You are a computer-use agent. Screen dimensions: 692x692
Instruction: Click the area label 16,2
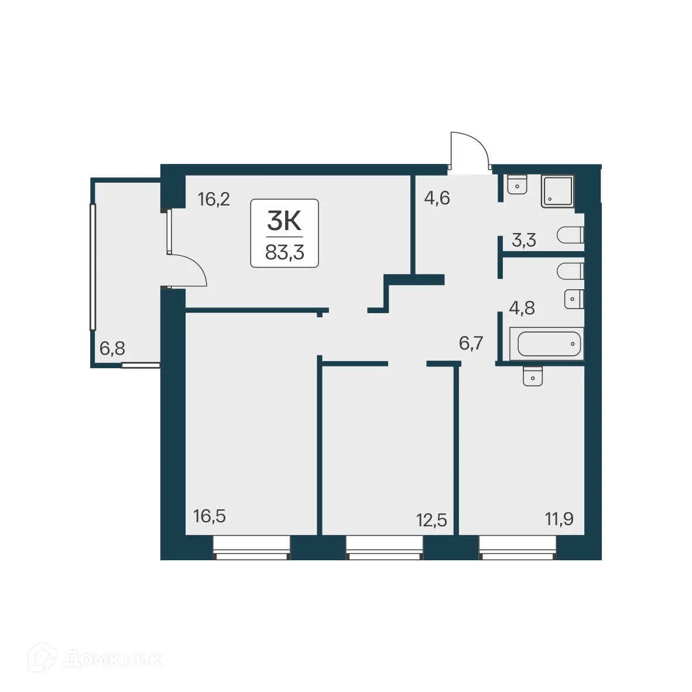pos(214,200)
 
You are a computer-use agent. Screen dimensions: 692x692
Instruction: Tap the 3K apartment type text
pos(284,221)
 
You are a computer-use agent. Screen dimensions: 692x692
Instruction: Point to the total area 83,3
pos(285,252)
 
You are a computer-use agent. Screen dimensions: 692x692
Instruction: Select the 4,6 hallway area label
pos(436,198)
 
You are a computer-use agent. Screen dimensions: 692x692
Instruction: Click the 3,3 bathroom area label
pos(523,241)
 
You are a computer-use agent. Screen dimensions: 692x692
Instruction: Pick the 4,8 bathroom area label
pos(522,308)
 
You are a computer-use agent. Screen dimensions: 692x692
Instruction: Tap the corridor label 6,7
pos(471,343)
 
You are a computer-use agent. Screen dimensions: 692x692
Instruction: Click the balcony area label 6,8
pos(112,349)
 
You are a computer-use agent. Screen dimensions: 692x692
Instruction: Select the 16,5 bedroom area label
pos(209,516)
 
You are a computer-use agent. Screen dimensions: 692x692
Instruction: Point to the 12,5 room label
pos(431,519)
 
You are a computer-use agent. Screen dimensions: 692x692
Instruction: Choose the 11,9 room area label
pos(559,519)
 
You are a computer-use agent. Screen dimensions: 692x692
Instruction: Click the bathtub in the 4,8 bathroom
pos(546,344)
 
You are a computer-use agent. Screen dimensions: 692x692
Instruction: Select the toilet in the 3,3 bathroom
pos(571,236)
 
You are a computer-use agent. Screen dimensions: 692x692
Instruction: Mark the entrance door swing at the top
pos(469,150)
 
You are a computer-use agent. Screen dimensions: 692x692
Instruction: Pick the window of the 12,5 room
pos(384,548)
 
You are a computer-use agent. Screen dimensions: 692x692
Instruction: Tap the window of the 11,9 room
pos(517,548)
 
